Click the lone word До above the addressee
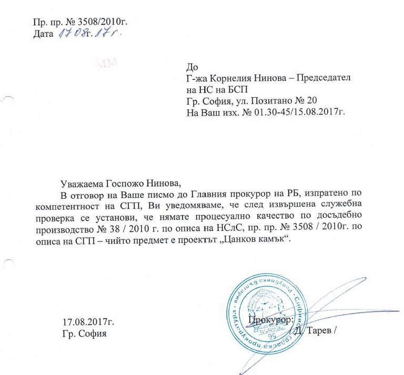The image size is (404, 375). pyautogui.click(x=192, y=67)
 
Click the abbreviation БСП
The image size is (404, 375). pyautogui.click(x=230, y=89)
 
